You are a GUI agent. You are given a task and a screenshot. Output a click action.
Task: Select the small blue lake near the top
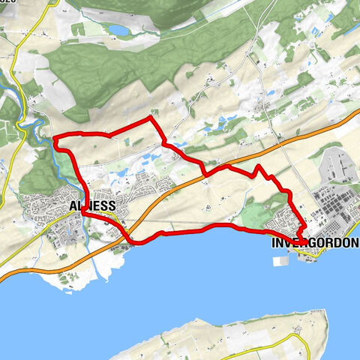118,30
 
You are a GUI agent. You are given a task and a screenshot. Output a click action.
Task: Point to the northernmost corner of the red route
151,118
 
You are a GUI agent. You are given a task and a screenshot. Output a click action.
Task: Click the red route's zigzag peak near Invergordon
258,166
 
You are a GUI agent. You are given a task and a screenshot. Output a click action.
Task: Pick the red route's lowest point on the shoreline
136,242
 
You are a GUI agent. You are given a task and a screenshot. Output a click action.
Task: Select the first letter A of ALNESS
73,205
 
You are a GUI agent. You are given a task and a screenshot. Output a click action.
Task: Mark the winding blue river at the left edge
30,127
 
